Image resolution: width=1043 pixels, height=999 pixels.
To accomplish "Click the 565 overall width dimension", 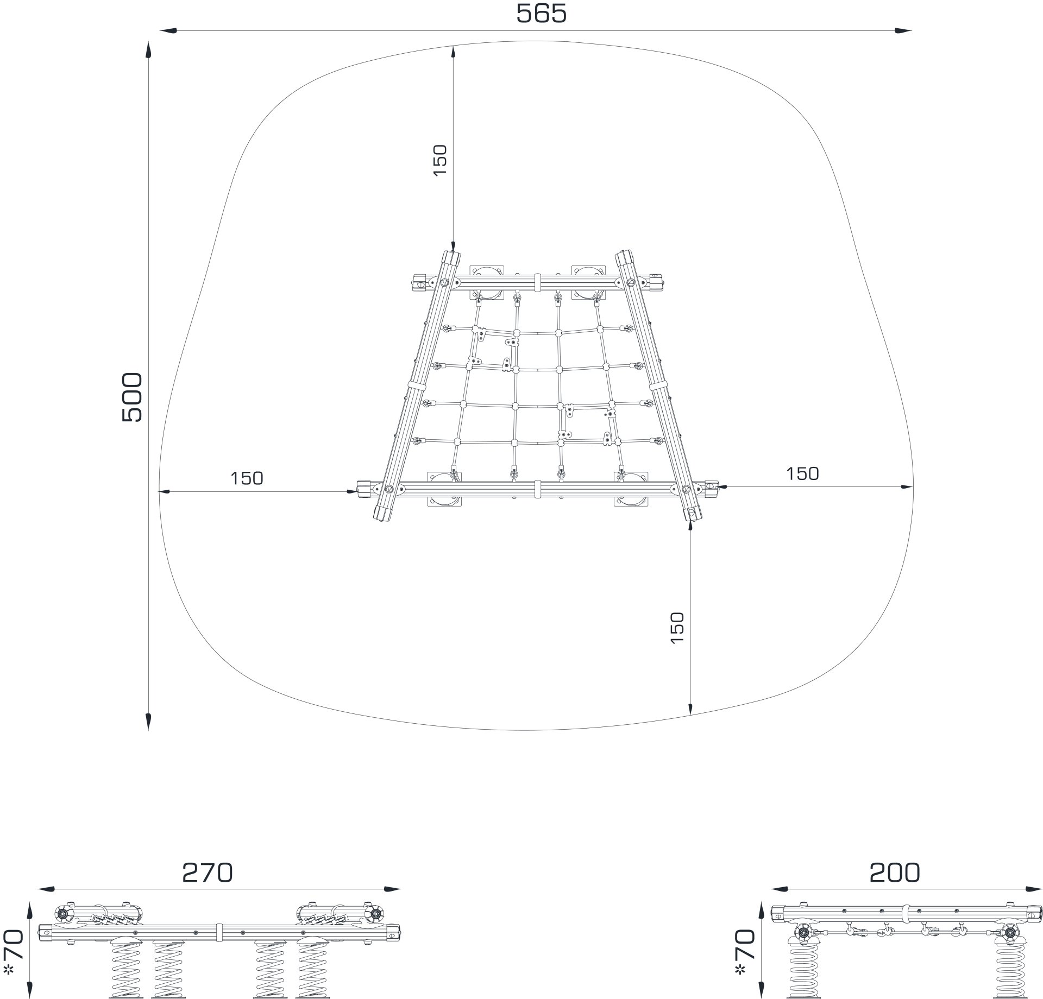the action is [541, 14].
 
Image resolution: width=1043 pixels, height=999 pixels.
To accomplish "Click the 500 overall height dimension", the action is [131, 397].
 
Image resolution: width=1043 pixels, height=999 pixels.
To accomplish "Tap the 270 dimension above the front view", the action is [207, 872].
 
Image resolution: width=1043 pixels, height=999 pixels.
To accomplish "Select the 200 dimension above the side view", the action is [895, 872].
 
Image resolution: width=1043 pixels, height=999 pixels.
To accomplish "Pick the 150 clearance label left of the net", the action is [247, 478].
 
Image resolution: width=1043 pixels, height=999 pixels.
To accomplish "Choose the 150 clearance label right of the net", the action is [802, 473].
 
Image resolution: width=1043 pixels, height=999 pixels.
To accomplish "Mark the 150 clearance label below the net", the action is [677, 628].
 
